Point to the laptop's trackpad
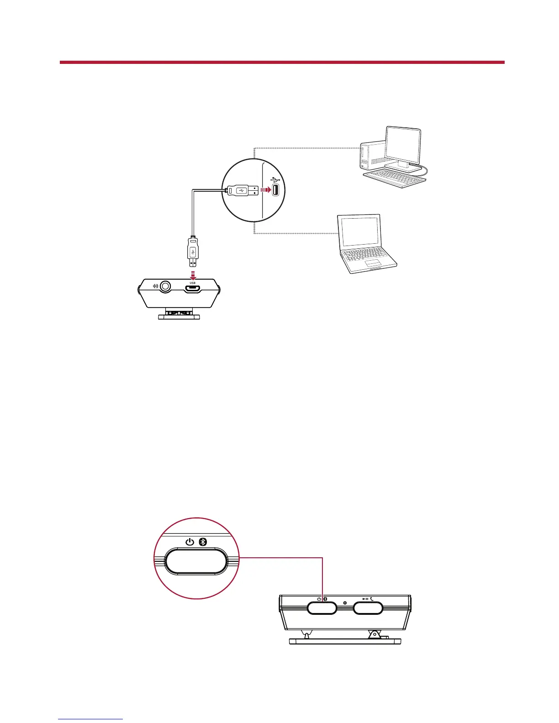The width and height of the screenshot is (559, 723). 373,264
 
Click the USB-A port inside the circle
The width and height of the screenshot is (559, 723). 276,190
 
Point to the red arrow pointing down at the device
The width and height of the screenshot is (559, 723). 193,276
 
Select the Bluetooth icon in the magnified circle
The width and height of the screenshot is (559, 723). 204,542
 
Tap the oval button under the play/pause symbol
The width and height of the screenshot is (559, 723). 368,608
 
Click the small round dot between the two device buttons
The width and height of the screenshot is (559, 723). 345,603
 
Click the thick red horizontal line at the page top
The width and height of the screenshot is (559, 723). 282,62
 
